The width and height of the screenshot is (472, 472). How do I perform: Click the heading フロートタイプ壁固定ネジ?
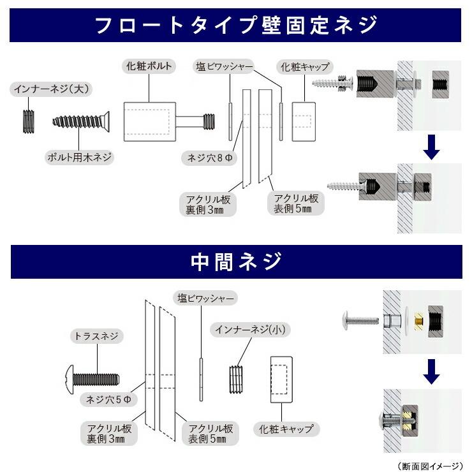tap(236, 26)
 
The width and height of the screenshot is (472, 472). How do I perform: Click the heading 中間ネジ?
tap(236, 262)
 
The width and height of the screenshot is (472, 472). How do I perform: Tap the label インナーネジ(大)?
tap(42, 89)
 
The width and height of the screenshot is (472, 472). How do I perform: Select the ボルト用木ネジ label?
tap(77, 156)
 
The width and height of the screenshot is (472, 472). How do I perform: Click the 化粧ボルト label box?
tap(148, 66)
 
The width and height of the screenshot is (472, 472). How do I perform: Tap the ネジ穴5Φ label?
tap(109, 399)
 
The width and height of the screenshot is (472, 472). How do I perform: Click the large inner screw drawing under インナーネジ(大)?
tap(28, 121)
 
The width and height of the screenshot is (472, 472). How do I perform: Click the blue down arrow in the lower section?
tap(432, 371)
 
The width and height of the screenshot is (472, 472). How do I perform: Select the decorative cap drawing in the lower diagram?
tap(281, 381)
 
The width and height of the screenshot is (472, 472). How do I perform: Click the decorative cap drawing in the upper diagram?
tap(303, 121)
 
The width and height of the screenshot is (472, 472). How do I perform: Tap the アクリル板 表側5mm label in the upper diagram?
tap(295, 203)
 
